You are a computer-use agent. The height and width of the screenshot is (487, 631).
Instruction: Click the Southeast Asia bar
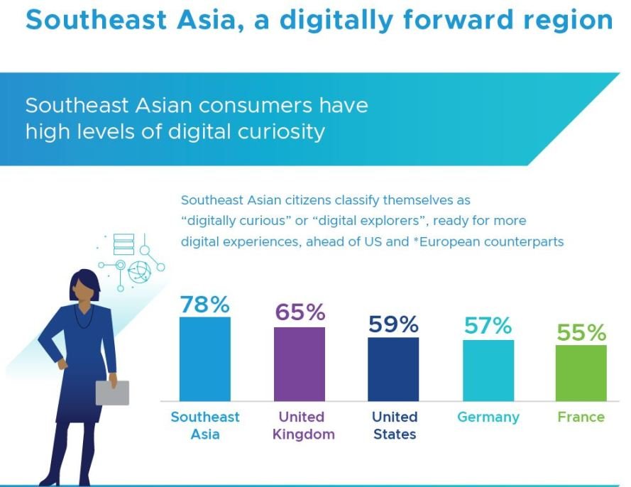205,359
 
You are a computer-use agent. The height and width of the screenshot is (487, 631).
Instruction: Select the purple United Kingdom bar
300,363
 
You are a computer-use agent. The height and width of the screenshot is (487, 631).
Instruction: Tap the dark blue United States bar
393,368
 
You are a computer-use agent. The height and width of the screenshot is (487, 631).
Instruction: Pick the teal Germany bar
488,370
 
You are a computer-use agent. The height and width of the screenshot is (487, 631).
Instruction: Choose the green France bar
581,373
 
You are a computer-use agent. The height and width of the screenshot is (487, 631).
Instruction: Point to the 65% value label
300,312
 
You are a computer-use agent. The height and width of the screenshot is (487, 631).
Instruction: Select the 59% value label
394,324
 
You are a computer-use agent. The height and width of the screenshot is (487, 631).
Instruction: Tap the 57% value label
488,325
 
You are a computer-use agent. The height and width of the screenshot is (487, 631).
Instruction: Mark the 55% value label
581,332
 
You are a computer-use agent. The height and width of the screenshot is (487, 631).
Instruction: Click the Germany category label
488,417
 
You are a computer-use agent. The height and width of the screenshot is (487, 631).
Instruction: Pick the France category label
581,417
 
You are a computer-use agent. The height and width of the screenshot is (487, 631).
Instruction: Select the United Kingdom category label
302,425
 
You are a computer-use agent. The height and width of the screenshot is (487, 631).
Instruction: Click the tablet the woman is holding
112,393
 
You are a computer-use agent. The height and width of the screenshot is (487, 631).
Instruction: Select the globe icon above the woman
138,271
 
